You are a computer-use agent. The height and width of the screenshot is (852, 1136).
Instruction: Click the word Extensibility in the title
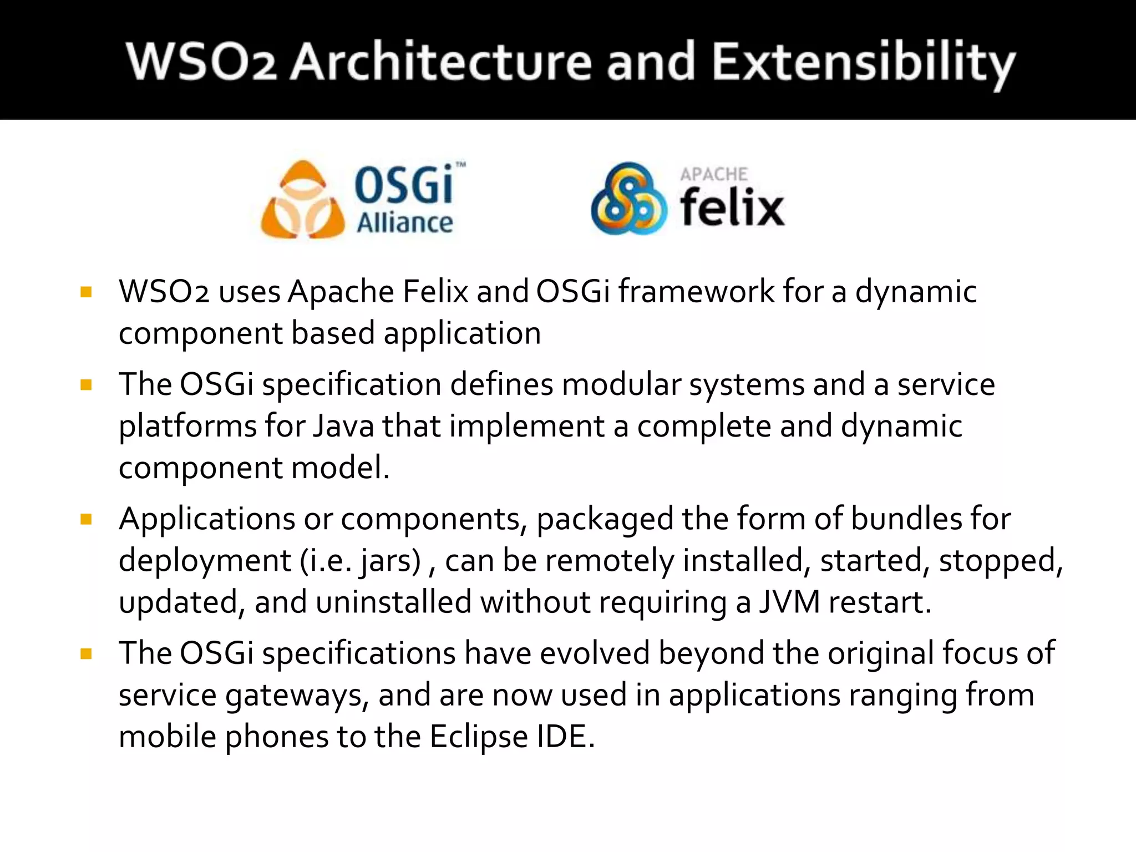(x=863, y=62)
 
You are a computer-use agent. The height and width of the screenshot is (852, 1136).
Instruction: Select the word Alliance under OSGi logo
(x=404, y=223)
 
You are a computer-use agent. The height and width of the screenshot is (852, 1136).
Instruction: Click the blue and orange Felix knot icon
(x=628, y=199)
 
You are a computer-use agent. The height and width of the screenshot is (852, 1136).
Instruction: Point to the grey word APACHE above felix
(x=714, y=174)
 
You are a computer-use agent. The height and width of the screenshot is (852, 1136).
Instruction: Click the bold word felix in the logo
(x=732, y=207)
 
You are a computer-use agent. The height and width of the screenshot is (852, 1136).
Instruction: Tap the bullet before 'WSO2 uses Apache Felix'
(x=86, y=292)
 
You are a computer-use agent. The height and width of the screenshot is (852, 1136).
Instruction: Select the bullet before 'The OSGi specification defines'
(x=86, y=384)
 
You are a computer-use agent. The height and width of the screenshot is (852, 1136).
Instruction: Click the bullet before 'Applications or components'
(x=86, y=519)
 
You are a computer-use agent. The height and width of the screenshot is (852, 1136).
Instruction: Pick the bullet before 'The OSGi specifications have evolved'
(x=86, y=653)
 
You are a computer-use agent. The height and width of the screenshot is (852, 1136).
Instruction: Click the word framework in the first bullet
(x=696, y=292)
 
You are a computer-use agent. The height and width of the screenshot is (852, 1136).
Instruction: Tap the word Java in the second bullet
(x=344, y=426)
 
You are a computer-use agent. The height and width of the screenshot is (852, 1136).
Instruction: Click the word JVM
(x=789, y=602)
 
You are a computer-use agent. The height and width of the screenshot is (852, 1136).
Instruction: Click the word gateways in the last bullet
(x=297, y=696)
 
